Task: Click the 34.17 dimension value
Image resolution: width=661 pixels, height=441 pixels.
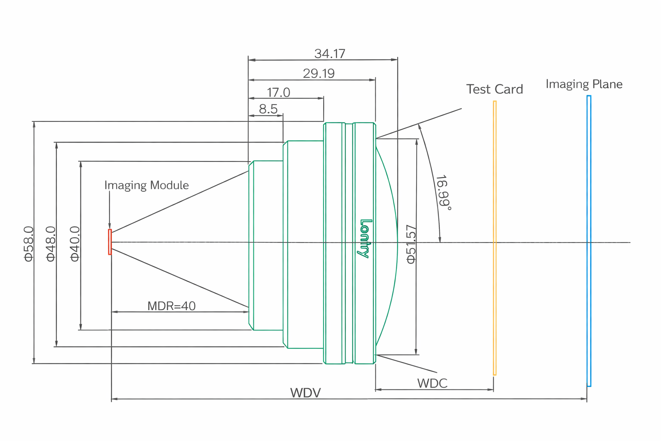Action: (x=330, y=54)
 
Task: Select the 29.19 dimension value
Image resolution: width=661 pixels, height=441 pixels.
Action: (x=318, y=74)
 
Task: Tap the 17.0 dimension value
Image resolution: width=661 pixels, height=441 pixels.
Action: (x=278, y=93)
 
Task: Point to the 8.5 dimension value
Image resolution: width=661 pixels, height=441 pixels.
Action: (x=268, y=109)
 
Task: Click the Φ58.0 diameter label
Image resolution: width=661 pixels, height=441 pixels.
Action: (x=29, y=244)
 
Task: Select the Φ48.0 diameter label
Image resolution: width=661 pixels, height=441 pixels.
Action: (x=51, y=244)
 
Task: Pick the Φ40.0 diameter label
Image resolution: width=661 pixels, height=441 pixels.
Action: (x=75, y=244)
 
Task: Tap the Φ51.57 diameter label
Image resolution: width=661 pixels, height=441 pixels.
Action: (x=411, y=244)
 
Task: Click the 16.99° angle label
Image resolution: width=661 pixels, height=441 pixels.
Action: (x=444, y=193)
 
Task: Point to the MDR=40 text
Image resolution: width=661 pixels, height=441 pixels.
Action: (x=171, y=306)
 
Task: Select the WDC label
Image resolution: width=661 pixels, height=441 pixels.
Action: (x=432, y=383)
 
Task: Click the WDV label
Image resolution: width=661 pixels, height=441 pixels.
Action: (x=305, y=393)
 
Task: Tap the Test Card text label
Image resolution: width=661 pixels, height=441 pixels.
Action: (x=494, y=89)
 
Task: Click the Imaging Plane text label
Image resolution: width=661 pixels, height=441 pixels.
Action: (x=584, y=84)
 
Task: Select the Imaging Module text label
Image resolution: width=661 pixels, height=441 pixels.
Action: (x=146, y=185)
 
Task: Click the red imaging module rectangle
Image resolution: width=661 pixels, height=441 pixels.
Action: (x=110, y=242)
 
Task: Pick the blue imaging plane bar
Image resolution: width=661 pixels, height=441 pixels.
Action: (x=589, y=241)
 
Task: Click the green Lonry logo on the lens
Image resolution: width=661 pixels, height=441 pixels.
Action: (x=364, y=239)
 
